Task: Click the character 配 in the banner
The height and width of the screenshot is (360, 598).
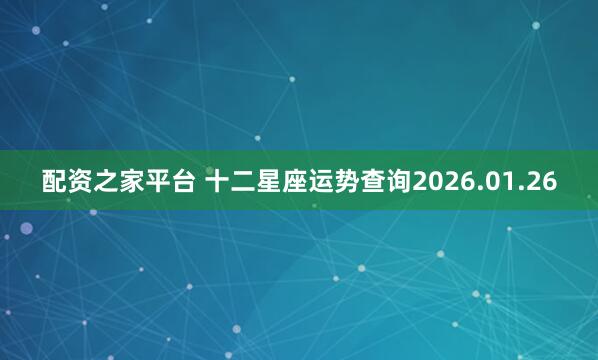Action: coord(55,181)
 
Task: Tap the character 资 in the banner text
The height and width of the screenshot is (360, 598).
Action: coord(82,181)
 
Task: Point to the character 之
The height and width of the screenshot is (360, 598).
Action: coord(109,181)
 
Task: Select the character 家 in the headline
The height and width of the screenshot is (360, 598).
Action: coord(136,181)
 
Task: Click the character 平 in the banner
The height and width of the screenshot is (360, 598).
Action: coord(163,181)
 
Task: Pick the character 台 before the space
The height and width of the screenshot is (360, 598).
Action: coord(190,181)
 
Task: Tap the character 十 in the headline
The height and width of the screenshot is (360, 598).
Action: coord(226,181)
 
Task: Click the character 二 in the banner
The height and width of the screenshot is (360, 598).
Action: coord(253,181)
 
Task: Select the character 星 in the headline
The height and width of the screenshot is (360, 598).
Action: coord(280,181)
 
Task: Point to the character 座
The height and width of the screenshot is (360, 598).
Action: coord(307,181)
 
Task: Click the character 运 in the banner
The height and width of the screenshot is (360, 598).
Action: coord(334,181)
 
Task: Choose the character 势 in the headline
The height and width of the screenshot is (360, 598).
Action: coord(361,181)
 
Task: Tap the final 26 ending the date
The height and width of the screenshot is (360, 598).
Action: coord(544,181)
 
